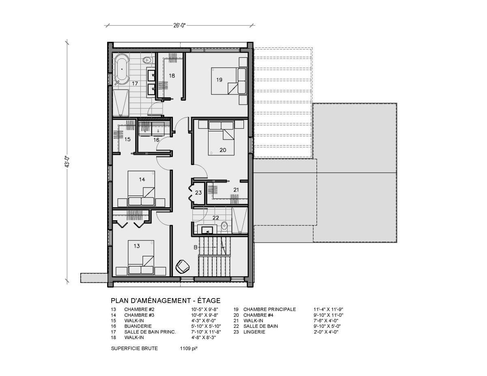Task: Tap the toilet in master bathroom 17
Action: click(x=148, y=60)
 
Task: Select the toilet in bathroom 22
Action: click(x=224, y=226)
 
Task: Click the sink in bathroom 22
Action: click(x=207, y=230)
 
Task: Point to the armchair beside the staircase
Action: click(x=183, y=266)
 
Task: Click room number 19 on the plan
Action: click(x=219, y=80)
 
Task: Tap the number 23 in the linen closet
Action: click(x=198, y=193)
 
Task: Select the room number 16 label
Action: click(x=156, y=140)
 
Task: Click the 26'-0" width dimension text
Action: click(x=179, y=26)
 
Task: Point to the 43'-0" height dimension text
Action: click(x=68, y=162)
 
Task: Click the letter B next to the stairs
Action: click(x=196, y=247)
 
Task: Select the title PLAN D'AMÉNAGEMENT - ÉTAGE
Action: click(x=166, y=301)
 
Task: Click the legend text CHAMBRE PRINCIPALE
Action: click(x=269, y=309)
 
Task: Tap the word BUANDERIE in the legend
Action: click(x=138, y=326)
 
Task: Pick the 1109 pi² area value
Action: click(x=189, y=348)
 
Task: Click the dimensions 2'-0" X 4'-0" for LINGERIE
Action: click(x=326, y=332)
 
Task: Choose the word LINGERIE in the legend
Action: click(x=254, y=332)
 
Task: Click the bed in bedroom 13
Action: click(x=141, y=257)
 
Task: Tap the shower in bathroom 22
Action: click(x=239, y=220)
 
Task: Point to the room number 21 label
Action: click(x=236, y=190)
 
